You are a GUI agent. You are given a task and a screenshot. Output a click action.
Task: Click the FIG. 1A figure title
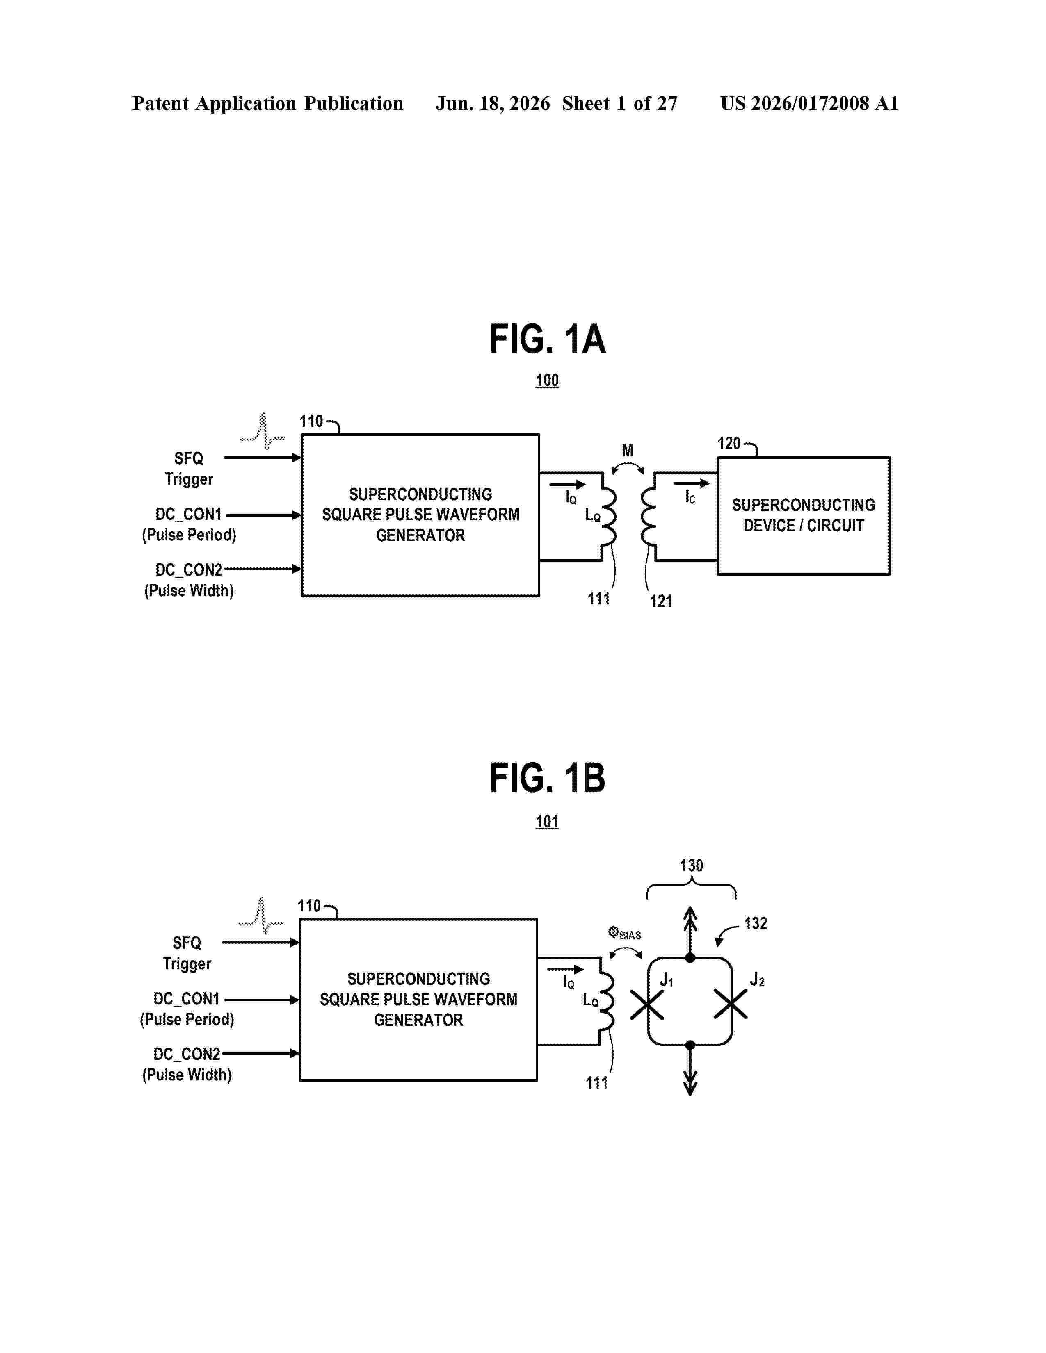click(x=547, y=339)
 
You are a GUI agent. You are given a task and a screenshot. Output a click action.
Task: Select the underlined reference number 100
click(x=547, y=380)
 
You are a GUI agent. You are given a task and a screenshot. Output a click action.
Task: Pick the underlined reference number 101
click(x=547, y=822)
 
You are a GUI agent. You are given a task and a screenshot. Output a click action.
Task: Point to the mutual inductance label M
click(x=628, y=450)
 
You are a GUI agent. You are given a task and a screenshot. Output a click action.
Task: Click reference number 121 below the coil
click(x=660, y=601)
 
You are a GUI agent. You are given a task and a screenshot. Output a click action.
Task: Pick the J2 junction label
click(x=757, y=979)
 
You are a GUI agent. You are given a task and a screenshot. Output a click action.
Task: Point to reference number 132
click(x=755, y=923)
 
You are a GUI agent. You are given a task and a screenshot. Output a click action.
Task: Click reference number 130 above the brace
click(x=692, y=866)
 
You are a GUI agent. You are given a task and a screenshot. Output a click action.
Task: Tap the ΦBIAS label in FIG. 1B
click(x=625, y=933)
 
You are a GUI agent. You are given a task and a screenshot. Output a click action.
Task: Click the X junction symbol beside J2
click(x=731, y=1004)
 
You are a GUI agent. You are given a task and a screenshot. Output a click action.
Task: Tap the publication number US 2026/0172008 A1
click(x=809, y=103)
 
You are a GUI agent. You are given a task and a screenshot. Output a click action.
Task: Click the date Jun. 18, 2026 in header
click(x=493, y=103)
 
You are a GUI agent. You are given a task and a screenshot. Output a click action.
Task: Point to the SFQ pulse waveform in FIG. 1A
click(x=263, y=431)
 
